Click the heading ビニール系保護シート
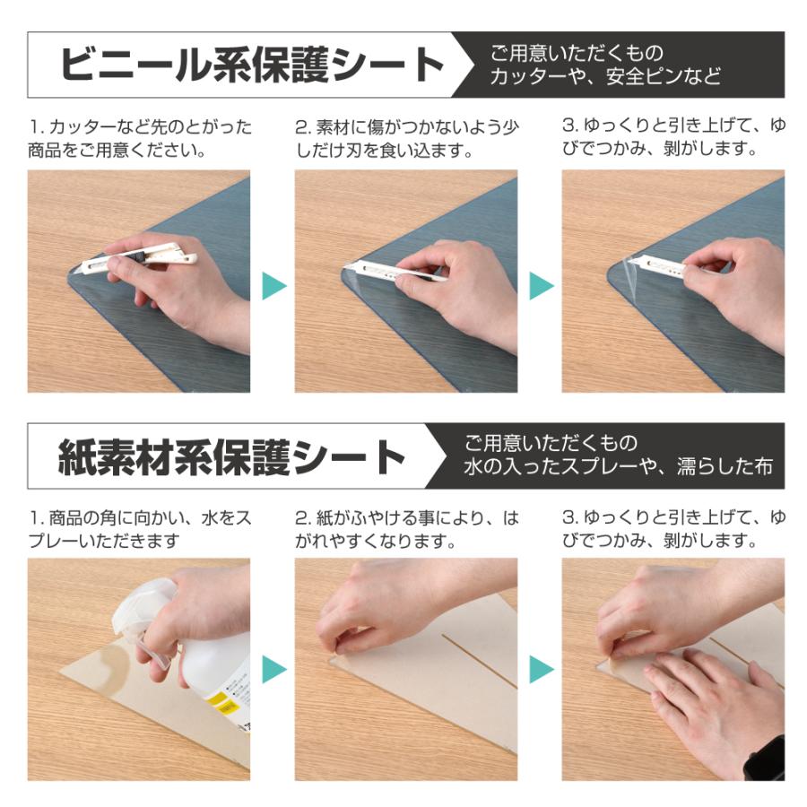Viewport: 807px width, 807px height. [x=251, y=65]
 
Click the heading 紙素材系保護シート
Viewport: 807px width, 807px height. [x=232, y=457]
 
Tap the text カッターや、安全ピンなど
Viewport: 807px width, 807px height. [x=604, y=77]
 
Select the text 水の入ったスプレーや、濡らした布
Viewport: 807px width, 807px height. [x=618, y=467]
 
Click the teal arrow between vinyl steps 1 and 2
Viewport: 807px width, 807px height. [x=273, y=286]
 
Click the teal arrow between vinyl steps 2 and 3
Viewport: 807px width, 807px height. [x=541, y=286]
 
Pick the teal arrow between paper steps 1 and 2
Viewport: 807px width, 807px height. [x=273, y=669]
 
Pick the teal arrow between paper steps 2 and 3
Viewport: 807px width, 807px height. [x=541, y=669]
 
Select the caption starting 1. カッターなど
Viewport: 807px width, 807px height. [x=139, y=137]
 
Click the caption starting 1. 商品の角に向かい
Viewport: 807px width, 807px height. [x=139, y=529]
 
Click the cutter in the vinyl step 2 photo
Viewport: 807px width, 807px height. [x=395, y=271]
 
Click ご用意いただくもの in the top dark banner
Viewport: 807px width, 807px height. [x=576, y=54]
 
